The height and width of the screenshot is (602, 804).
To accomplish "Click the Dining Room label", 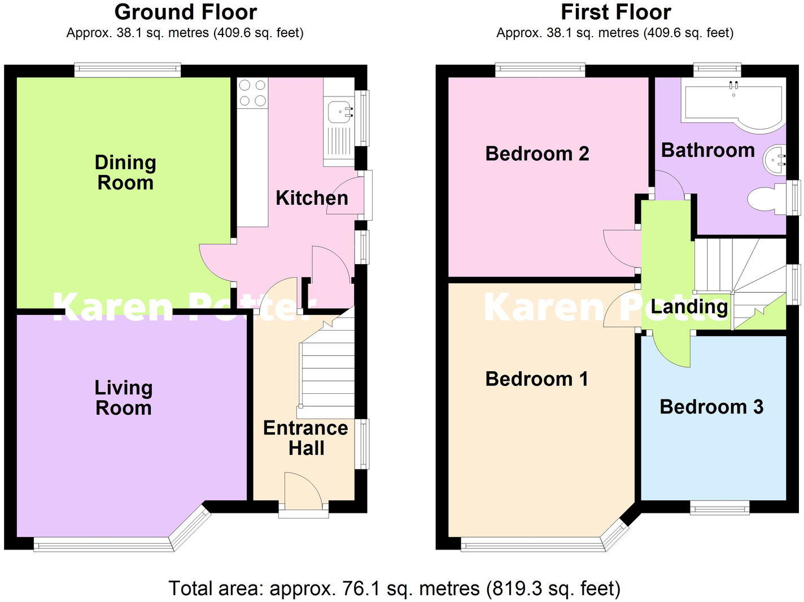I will point(125,173).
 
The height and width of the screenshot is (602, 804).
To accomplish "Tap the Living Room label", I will point(123,398).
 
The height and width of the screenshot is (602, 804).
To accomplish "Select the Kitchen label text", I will point(312,198).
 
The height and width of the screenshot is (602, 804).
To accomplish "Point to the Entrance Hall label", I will point(305,438).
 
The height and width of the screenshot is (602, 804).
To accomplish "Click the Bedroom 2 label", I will point(537,153).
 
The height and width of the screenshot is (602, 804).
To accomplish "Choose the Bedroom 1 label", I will point(536,379).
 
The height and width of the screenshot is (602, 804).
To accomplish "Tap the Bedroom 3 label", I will point(711,407).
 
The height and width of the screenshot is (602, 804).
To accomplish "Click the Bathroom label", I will point(707,150).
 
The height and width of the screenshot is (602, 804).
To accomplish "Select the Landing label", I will point(689,306).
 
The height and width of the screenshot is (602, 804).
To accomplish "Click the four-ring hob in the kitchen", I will point(252,93).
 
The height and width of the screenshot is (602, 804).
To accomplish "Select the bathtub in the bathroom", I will point(732,104).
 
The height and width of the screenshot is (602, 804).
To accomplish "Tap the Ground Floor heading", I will point(185,12).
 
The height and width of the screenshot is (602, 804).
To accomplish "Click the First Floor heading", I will point(615,12).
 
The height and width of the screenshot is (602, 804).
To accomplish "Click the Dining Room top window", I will point(128,71).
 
